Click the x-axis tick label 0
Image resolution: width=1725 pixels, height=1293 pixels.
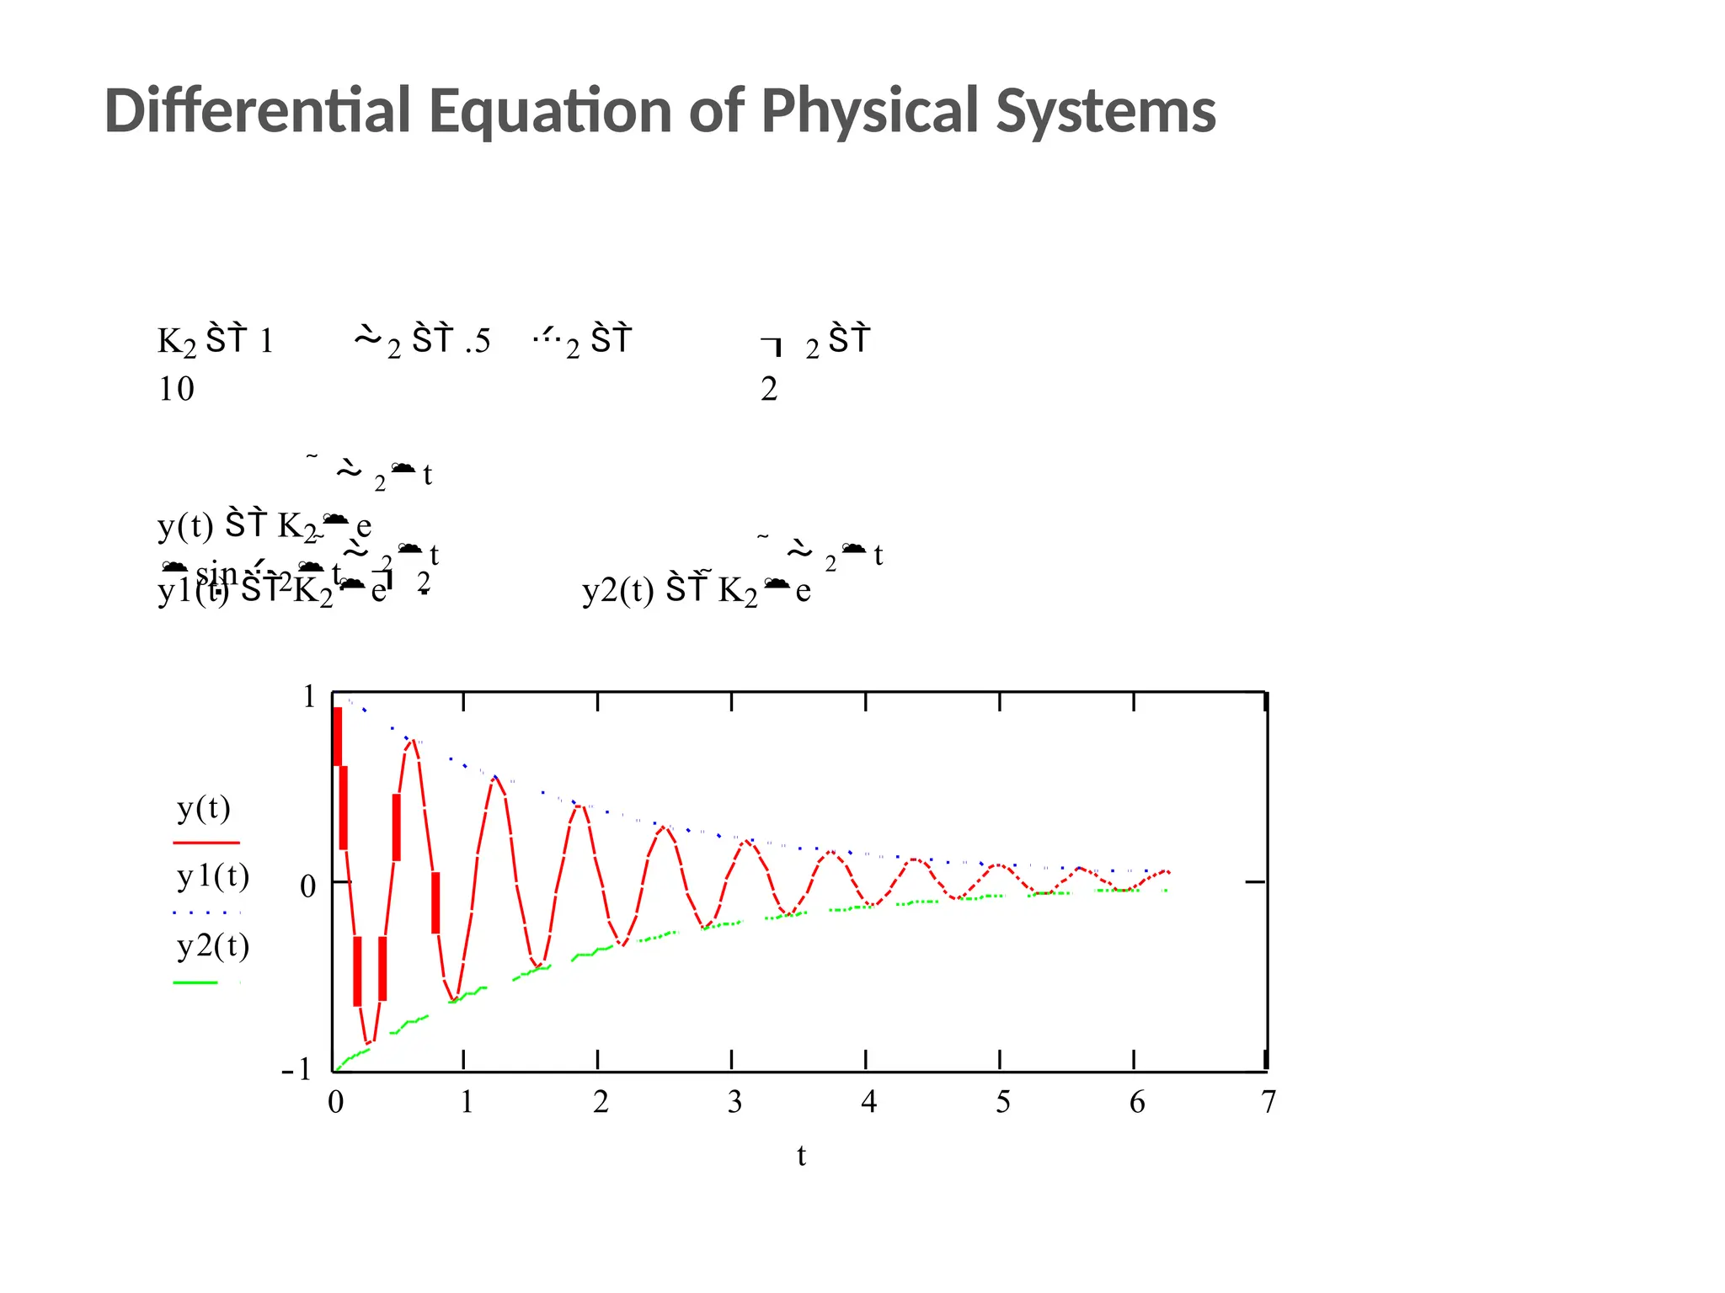click(x=335, y=1101)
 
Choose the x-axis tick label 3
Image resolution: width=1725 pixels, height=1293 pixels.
click(x=734, y=1101)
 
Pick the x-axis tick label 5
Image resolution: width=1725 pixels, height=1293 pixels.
click(x=1002, y=1101)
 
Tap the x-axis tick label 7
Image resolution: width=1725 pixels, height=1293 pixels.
click(x=1268, y=1101)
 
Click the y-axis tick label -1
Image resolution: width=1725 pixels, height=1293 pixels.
click(x=296, y=1069)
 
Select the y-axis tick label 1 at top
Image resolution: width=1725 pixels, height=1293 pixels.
click(x=309, y=697)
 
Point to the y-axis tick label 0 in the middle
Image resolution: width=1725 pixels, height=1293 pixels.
click(x=308, y=886)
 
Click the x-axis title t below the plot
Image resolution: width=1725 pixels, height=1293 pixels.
click(x=801, y=1156)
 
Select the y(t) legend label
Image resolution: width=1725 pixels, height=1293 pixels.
click(x=203, y=808)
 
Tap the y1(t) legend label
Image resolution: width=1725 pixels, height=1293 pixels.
click(x=213, y=877)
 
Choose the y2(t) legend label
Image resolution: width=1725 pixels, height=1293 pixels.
click(x=213, y=946)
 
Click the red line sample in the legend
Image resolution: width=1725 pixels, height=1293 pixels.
click(x=206, y=842)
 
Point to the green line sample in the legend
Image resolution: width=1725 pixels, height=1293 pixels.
click(x=195, y=982)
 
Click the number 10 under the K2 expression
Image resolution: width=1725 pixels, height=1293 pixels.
click(x=176, y=389)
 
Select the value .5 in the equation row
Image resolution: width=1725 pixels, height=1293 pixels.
click(x=478, y=341)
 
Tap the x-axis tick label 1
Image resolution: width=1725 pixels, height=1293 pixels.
click(x=467, y=1101)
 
